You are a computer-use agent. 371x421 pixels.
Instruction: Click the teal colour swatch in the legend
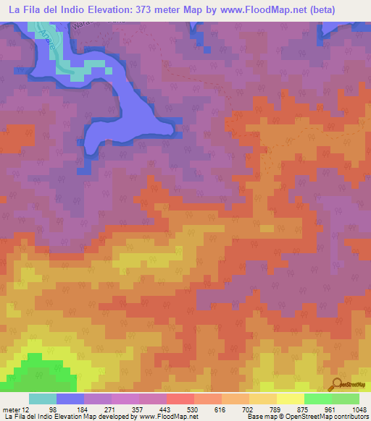click(x=42, y=399)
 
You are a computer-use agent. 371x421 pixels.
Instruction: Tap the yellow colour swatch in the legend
click(x=290, y=399)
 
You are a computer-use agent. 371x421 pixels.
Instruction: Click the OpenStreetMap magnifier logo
click(x=336, y=385)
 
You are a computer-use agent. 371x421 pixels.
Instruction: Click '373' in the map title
click(x=164, y=8)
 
